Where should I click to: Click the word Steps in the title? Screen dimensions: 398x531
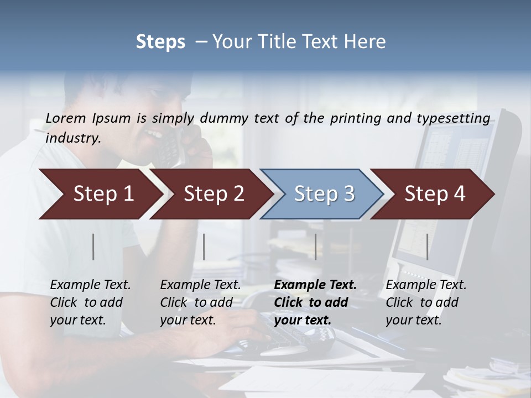point(160,42)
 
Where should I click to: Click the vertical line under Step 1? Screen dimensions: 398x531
point(93,247)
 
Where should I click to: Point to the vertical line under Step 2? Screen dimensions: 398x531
point(204,247)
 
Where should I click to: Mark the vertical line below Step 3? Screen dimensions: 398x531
point(315,247)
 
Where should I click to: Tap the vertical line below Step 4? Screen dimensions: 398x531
point(427,247)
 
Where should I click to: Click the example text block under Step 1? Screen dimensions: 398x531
point(90,302)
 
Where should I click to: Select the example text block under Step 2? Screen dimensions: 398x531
point(200,302)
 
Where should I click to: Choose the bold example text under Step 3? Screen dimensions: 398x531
point(315,302)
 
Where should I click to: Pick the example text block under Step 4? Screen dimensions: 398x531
point(426,302)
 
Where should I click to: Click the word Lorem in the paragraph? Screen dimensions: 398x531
point(64,118)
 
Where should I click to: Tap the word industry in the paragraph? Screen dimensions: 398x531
point(73,138)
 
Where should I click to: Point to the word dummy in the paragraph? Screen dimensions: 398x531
point(225,119)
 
